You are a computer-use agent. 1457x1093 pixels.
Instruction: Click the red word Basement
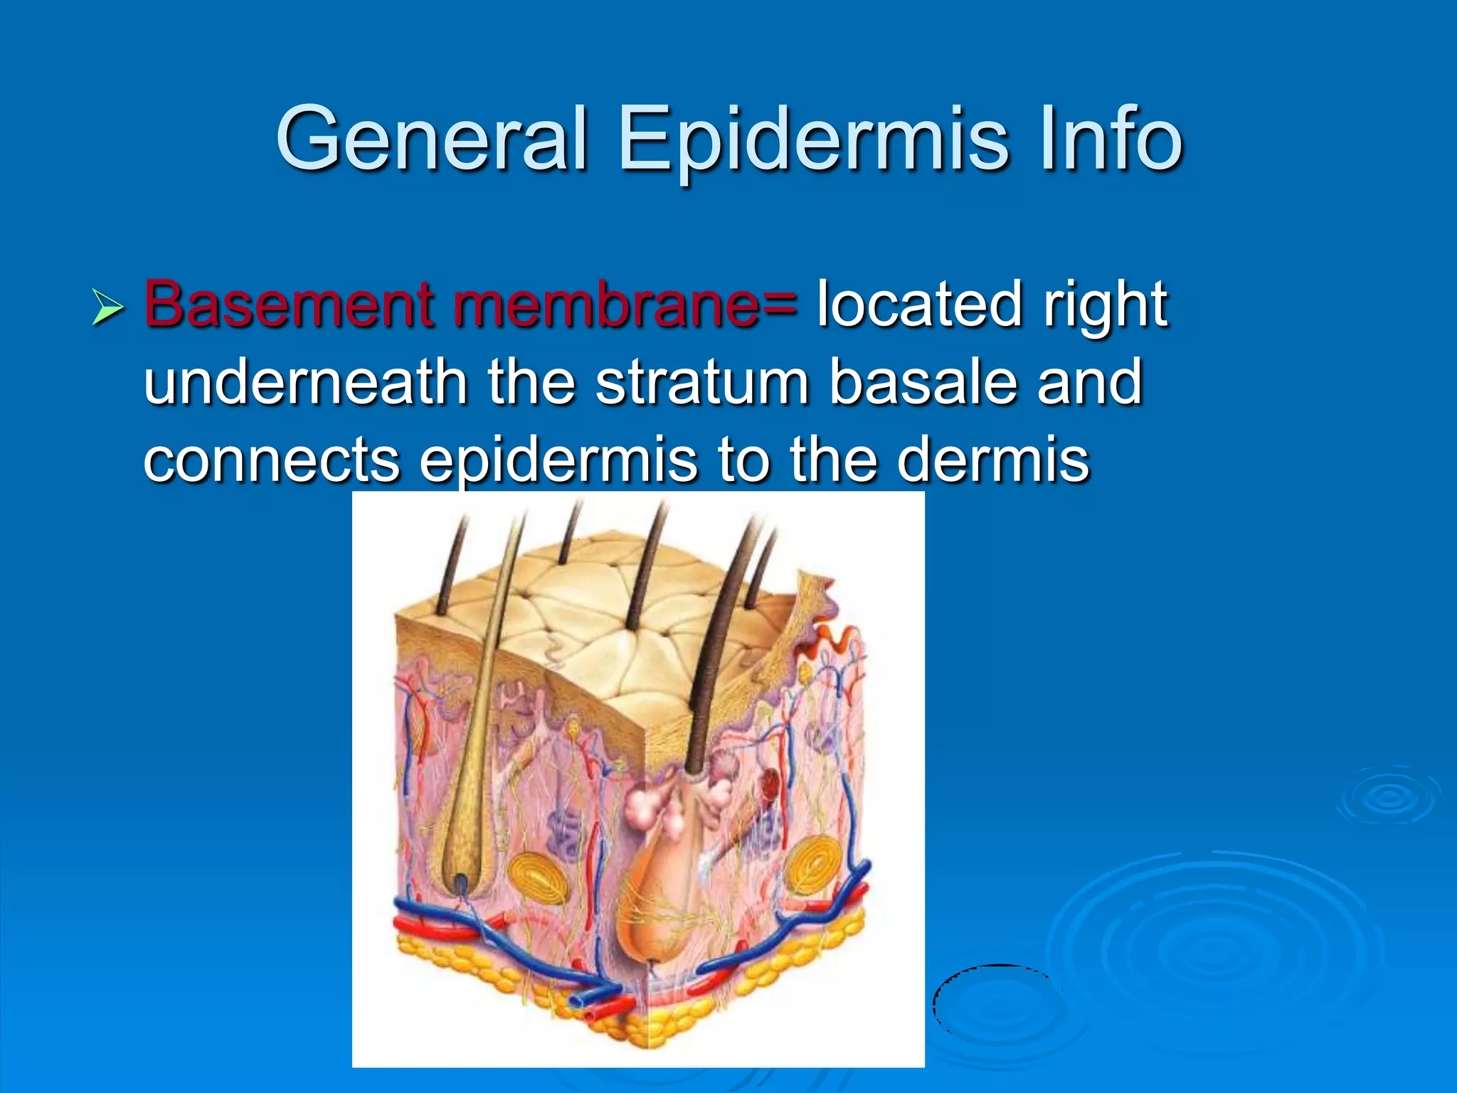[287, 305]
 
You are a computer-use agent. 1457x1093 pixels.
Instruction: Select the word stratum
[701, 382]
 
